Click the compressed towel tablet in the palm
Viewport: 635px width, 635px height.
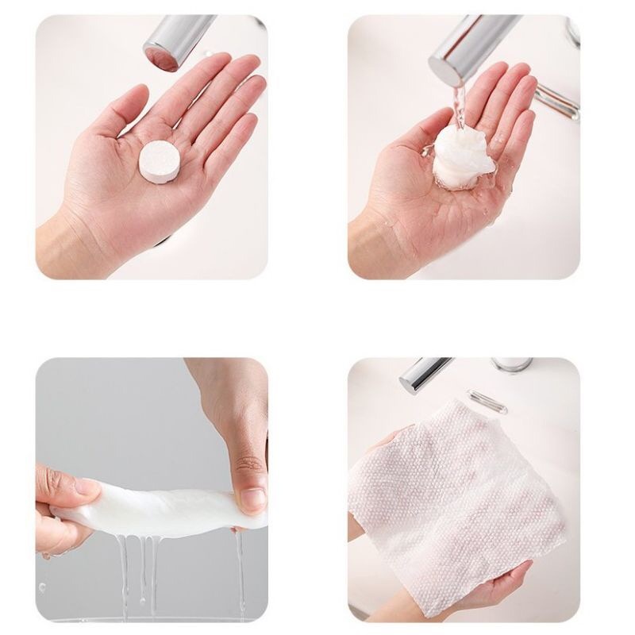pos(161,160)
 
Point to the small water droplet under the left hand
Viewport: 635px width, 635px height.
pos(41,587)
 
